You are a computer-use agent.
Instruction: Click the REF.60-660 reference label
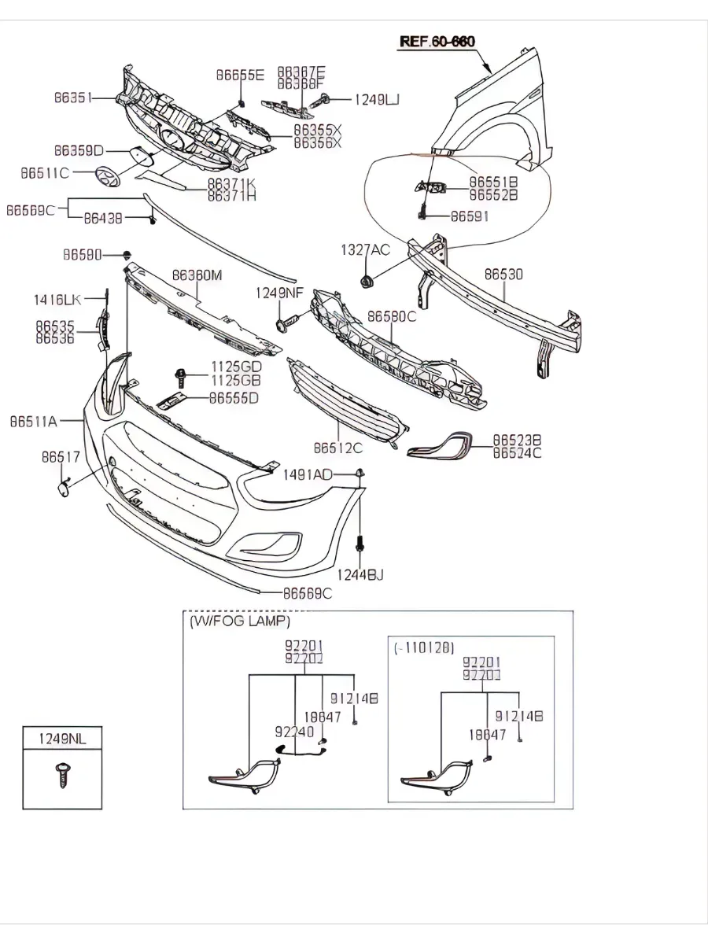click(x=437, y=41)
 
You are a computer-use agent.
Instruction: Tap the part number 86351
click(x=73, y=98)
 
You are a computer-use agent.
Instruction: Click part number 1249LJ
click(x=376, y=99)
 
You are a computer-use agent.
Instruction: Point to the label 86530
click(x=503, y=275)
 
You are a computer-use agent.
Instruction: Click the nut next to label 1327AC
click(x=366, y=281)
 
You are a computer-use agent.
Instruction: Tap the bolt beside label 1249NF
click(x=285, y=322)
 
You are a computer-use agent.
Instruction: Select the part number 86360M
click(x=197, y=275)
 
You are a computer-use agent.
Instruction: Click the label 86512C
click(x=337, y=448)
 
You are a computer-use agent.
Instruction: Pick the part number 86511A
click(x=34, y=422)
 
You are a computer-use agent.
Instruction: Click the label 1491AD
click(x=308, y=474)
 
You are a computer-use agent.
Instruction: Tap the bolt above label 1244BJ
click(x=360, y=544)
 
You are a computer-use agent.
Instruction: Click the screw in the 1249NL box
click(x=61, y=775)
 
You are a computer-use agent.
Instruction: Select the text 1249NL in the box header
click(x=62, y=738)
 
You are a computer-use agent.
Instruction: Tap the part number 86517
click(x=61, y=456)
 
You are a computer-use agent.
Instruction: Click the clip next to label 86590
click(x=126, y=255)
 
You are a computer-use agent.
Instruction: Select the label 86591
click(x=470, y=216)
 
